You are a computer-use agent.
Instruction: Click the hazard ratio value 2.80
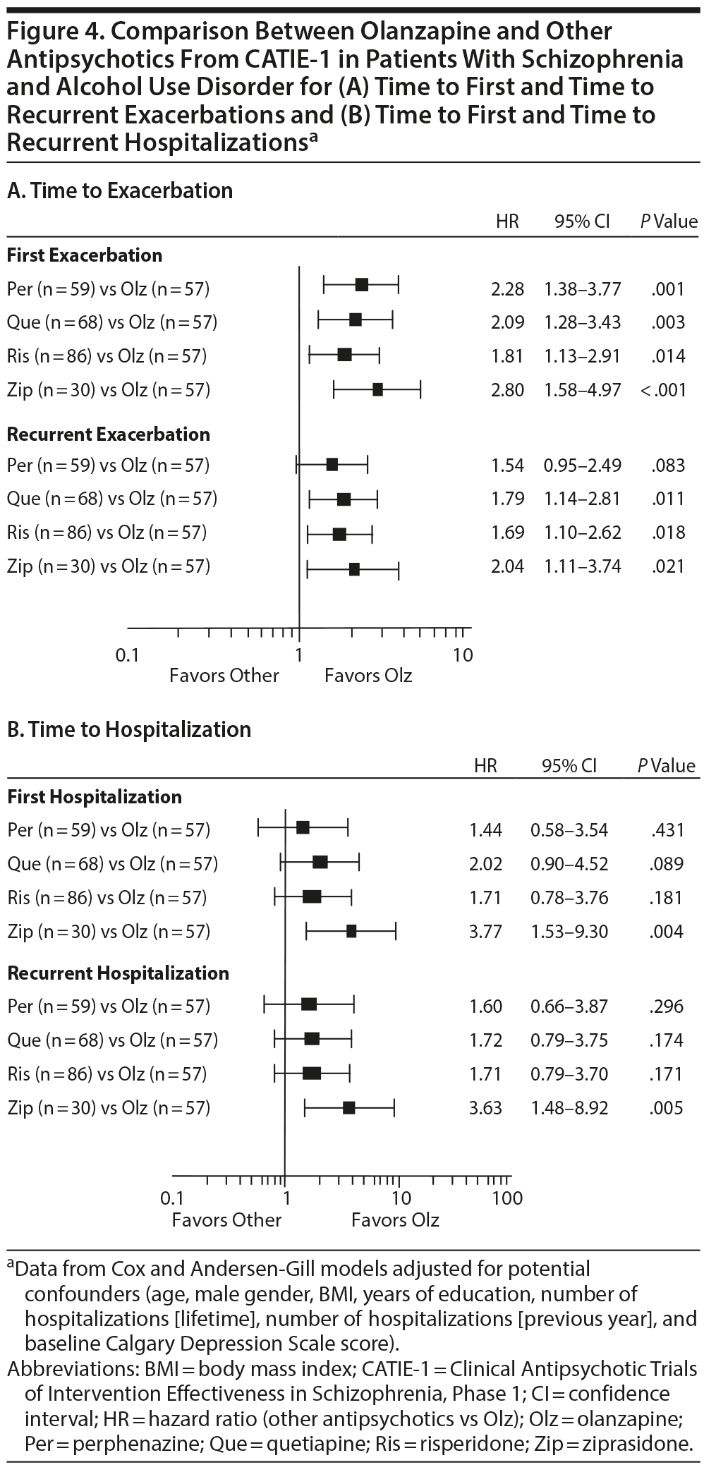507,390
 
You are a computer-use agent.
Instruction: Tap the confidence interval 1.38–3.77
582,288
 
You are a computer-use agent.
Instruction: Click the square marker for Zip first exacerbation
377,389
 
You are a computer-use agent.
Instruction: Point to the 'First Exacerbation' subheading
85,255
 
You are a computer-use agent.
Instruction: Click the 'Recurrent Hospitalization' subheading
118,973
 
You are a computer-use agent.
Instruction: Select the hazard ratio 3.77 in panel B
486,932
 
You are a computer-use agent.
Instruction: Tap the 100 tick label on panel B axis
507,1198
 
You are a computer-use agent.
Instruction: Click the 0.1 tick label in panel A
128,655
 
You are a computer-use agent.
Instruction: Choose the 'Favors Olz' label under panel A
368,676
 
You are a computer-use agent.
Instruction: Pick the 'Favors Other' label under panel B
226,1219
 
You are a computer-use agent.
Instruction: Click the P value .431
667,830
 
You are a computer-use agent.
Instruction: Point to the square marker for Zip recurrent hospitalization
348,1107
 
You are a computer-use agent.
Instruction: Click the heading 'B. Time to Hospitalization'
128,729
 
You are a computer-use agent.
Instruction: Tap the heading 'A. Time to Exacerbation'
119,190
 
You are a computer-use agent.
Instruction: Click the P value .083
668,466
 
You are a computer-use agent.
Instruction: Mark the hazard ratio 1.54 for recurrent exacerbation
507,466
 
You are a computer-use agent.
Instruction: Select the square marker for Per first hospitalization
303,828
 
